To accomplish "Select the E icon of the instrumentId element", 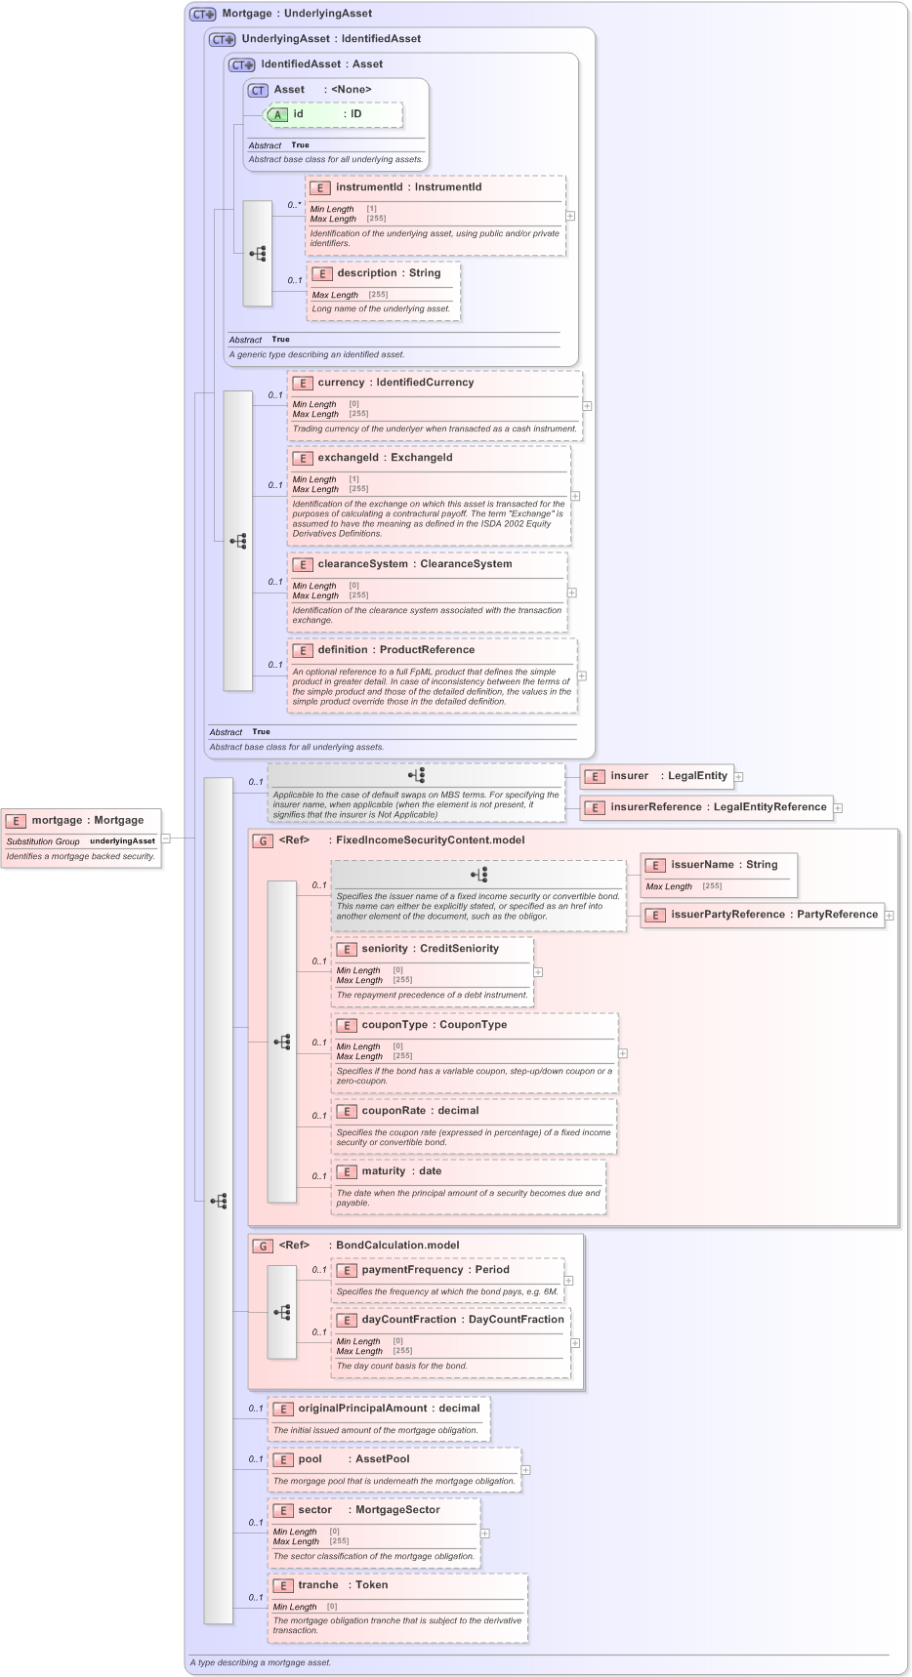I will click(319, 187).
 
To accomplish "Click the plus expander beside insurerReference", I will click(838, 808).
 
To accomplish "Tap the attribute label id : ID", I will click(327, 114).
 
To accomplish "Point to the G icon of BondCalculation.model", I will click(262, 1246).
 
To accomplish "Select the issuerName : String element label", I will click(724, 865).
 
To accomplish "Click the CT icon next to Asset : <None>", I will click(258, 90).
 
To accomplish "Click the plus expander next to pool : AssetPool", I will click(525, 1470).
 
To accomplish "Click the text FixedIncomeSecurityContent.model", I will click(430, 839).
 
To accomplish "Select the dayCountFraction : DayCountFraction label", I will click(463, 1320).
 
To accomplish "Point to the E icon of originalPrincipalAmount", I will click(282, 1409).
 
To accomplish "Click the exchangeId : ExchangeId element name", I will click(385, 458).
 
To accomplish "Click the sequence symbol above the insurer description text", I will click(417, 776).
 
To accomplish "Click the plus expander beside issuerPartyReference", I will click(890, 916).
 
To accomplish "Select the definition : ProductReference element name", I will click(395, 650).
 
